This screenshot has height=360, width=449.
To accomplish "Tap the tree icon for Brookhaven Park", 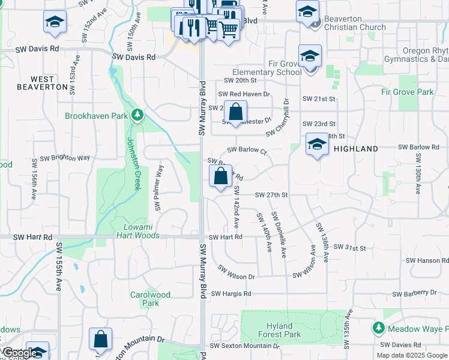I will point(137,114).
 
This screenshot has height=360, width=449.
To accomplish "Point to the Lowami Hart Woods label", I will point(142,232).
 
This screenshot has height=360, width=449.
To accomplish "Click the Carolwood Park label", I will point(151,299).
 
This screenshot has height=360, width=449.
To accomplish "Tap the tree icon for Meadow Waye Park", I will point(378,328).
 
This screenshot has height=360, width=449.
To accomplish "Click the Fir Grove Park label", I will point(407,92).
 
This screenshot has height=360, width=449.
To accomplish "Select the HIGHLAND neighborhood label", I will point(356,149).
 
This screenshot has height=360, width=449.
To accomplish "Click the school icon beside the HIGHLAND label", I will point(317,145).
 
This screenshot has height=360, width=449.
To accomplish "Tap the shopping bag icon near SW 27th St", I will point(221,176).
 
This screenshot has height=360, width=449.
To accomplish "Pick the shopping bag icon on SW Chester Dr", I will point(237,112).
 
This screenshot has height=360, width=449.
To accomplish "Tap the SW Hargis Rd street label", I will point(230,293).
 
